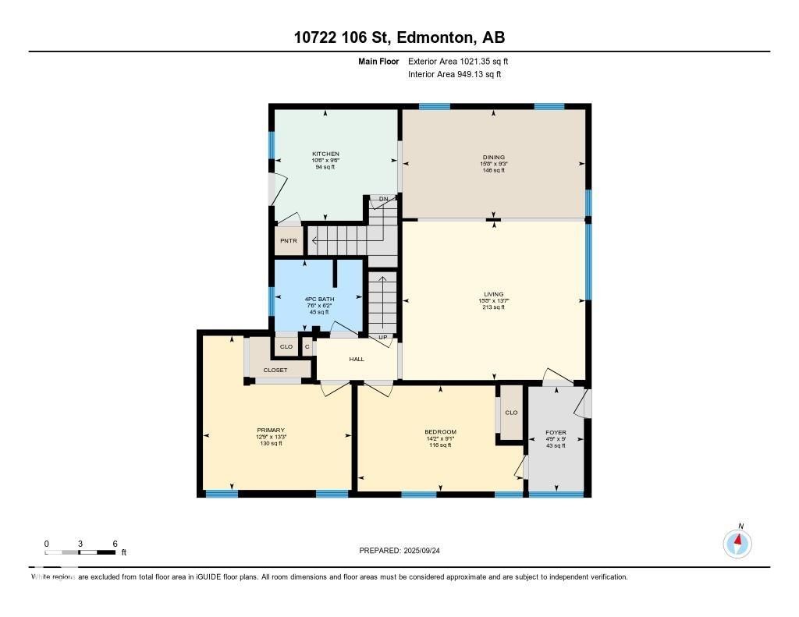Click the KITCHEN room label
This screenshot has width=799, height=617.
click(x=325, y=154)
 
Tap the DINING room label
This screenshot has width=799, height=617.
click(x=493, y=158)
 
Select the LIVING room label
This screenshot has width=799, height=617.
click(x=493, y=294)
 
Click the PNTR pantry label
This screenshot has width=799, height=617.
click(x=288, y=241)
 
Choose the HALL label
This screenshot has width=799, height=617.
click(x=357, y=360)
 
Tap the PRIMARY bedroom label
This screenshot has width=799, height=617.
click(x=271, y=431)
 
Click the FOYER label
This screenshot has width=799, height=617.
click(x=556, y=432)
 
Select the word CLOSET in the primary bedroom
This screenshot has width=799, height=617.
click(x=275, y=371)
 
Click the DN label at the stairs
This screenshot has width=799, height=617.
click(x=383, y=200)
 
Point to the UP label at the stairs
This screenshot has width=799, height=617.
click(x=382, y=337)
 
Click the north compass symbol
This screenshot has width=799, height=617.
click(x=737, y=542)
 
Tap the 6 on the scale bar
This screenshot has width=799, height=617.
click(x=115, y=544)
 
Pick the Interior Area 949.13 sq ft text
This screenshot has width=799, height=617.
click(x=454, y=75)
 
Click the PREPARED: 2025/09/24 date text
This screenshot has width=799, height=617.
click(x=404, y=551)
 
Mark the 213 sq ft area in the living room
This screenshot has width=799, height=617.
click(x=493, y=307)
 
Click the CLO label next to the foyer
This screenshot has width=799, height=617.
click(x=511, y=413)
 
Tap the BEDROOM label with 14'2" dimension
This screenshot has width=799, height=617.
click(x=440, y=432)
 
